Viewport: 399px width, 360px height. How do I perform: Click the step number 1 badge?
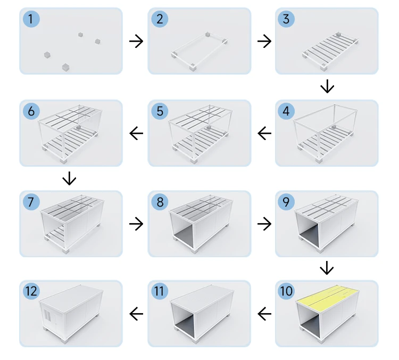pos(31,20)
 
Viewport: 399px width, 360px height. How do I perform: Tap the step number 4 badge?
pos(287,112)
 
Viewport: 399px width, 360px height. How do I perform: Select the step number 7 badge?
pos(31,202)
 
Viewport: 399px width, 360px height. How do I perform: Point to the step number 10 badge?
pos(287,291)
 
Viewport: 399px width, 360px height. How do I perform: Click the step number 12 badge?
pos(31,291)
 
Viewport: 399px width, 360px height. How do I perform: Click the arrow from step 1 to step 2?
pos(136,41)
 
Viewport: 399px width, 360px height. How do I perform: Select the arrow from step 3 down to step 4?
pos(327,86)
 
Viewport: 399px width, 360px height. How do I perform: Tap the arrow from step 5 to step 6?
pos(136,133)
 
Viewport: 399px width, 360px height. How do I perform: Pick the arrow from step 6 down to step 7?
pos(69,178)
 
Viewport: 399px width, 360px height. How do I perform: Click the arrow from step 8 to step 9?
pos(264,224)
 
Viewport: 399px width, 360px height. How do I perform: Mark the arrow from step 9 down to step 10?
pos(327,268)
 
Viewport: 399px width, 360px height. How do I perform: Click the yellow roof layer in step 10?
pos(327,301)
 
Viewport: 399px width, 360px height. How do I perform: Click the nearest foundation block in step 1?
pos(65,67)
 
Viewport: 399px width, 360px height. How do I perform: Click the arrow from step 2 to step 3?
pos(264,41)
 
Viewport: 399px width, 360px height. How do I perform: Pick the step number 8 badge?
pos(159,202)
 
